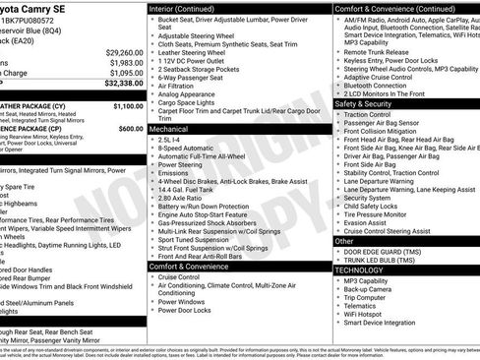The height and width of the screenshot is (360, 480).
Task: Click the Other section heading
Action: [344, 240]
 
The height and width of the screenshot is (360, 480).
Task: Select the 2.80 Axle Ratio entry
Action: [184, 198]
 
